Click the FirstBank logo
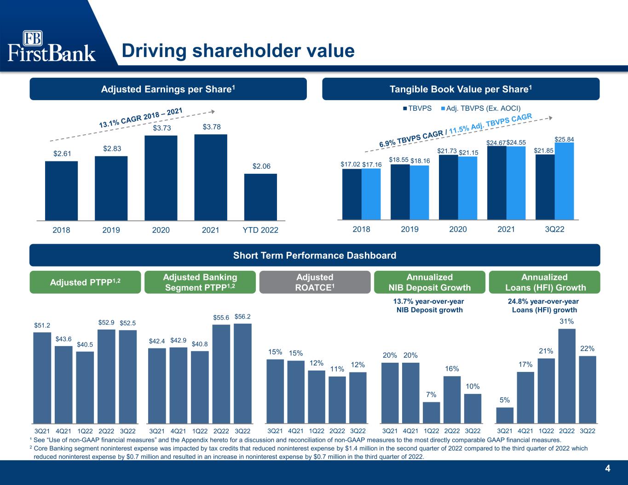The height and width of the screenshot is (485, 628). coord(52,46)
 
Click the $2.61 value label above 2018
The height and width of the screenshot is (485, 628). coord(61,154)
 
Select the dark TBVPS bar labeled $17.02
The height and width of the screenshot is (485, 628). coord(351,194)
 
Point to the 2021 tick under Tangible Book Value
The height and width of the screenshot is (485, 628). coord(506,229)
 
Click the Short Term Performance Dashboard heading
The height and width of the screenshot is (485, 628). coord(314,255)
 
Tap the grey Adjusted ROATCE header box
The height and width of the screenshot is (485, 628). coord(315,282)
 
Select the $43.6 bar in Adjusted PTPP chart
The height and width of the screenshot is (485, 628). coord(63,384)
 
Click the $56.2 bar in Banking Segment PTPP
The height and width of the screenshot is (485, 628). coord(242,373)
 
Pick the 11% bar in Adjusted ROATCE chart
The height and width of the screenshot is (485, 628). coord(337,399)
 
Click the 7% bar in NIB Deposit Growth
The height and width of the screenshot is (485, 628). coord(431,412)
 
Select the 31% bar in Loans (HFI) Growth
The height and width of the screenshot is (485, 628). coord(567,375)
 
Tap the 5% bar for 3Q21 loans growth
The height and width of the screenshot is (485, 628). coord(505,415)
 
